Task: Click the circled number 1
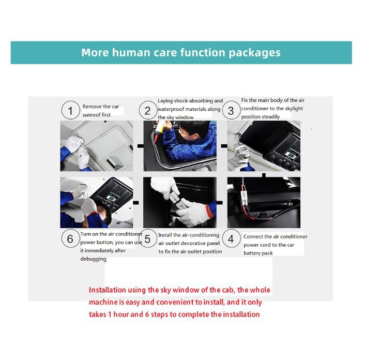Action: tap(70, 110)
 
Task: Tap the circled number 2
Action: tap(147, 111)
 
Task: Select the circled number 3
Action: tap(231, 111)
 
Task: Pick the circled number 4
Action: tap(231, 238)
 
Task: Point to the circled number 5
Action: tap(147, 238)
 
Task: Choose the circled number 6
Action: tap(70, 238)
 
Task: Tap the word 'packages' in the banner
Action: tap(254, 53)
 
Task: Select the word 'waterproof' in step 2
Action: tap(171, 109)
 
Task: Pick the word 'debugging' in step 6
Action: tap(93, 259)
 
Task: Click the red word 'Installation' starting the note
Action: tap(108, 290)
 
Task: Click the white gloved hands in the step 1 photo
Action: tap(78, 149)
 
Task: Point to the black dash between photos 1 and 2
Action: tap(141, 146)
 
